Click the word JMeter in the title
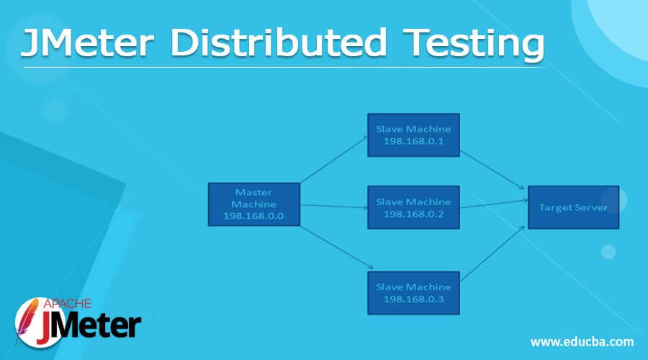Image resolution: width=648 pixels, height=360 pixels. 88,42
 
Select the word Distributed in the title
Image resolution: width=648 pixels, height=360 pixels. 279,42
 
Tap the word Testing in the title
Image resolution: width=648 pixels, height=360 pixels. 474,45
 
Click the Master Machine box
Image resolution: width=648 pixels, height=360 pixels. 253,204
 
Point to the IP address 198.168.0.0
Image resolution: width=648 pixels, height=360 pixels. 253,216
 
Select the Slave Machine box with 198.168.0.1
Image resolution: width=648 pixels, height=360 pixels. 413,135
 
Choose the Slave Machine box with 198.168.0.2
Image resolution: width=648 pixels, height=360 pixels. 413,207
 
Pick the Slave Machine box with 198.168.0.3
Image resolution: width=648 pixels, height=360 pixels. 413,293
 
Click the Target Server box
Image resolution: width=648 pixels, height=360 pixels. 573,207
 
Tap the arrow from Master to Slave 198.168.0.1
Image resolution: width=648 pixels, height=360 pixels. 334,160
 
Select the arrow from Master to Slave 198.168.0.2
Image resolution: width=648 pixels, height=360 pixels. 334,206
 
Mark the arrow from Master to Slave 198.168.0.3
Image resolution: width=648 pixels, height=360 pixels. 337,247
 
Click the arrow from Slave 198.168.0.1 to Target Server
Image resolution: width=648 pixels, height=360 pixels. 492,170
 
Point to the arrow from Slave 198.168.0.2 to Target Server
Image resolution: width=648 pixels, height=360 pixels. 494,204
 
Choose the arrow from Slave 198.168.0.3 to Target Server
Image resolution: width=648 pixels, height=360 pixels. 492,253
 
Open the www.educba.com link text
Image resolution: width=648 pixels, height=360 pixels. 582,342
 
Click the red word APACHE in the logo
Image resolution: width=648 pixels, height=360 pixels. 68,304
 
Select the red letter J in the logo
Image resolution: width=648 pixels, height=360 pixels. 46,328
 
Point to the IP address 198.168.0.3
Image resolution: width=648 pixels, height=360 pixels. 414,299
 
